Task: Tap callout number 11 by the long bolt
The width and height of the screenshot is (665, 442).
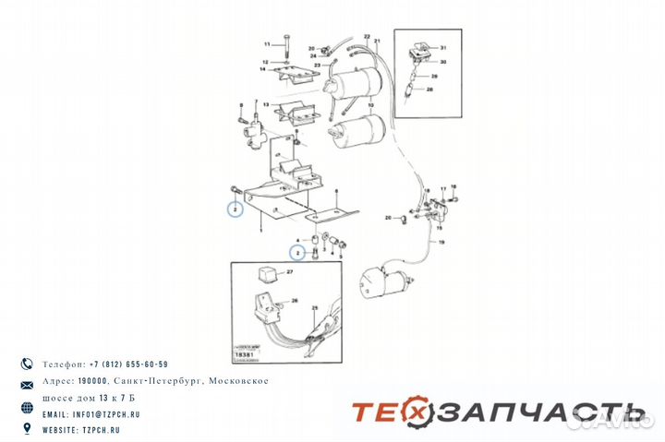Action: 266,44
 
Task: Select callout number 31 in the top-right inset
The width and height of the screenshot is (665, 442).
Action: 443,47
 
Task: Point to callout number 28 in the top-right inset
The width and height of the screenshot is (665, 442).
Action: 430,90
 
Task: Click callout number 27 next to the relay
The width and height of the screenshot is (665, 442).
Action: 289,273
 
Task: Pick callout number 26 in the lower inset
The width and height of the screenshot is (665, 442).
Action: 295,302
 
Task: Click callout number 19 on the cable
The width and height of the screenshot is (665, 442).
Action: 441,241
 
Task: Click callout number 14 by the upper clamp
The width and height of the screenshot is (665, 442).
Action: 263,69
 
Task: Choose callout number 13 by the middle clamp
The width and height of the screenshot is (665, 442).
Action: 265,105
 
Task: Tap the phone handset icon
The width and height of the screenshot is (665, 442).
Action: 27,364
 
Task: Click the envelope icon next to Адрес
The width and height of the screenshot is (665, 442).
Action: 27,383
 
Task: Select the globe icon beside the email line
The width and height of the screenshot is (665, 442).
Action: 27,408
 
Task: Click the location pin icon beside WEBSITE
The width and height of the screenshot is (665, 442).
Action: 27,429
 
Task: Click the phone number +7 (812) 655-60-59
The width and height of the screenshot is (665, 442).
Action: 128,364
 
